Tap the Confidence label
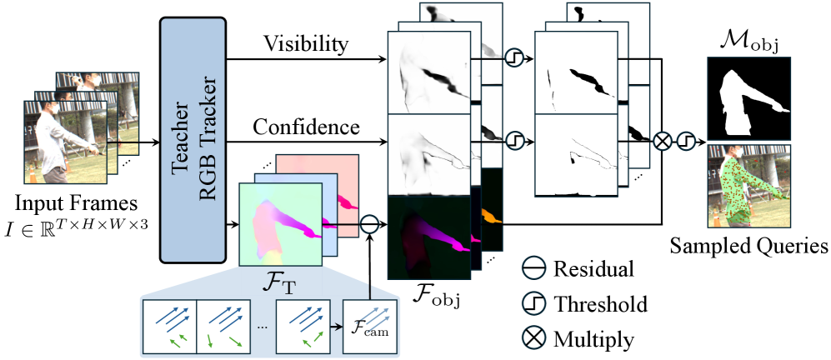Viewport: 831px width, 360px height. tap(306, 127)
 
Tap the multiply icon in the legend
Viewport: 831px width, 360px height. tap(535, 338)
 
